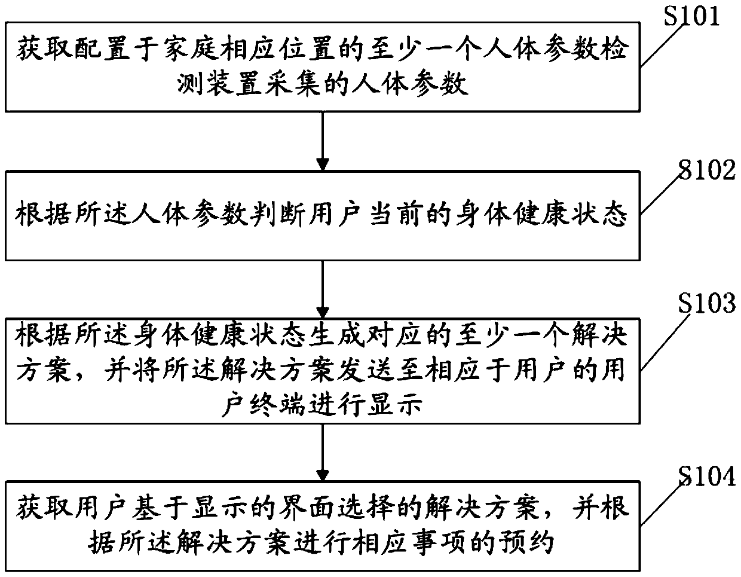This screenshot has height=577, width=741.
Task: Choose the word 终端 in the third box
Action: coord(272,406)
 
